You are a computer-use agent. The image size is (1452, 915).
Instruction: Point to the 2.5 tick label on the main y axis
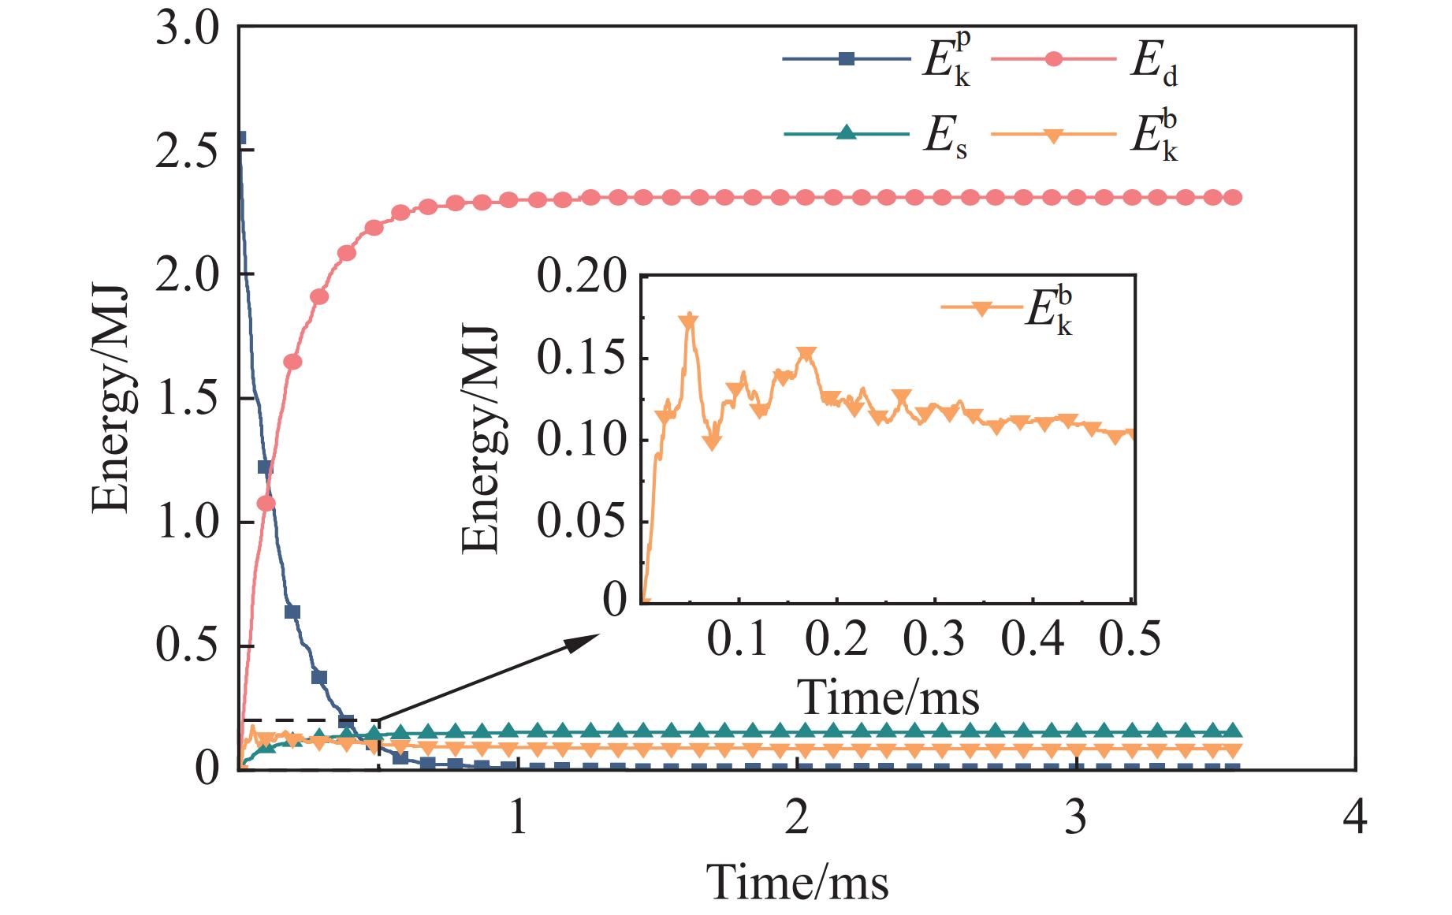pyautogui.click(x=186, y=150)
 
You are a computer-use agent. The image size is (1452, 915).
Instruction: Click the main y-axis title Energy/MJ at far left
pyautogui.click(x=110, y=398)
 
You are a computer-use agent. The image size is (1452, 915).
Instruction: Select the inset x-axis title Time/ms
pyautogui.click(x=888, y=697)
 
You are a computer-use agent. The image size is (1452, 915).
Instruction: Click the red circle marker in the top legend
pyautogui.click(x=1052, y=59)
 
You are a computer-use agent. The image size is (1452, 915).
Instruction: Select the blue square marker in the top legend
pyautogui.click(x=846, y=58)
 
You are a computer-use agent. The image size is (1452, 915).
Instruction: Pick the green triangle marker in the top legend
pyautogui.click(x=846, y=132)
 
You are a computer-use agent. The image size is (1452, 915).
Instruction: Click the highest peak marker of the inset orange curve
pyautogui.click(x=690, y=319)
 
